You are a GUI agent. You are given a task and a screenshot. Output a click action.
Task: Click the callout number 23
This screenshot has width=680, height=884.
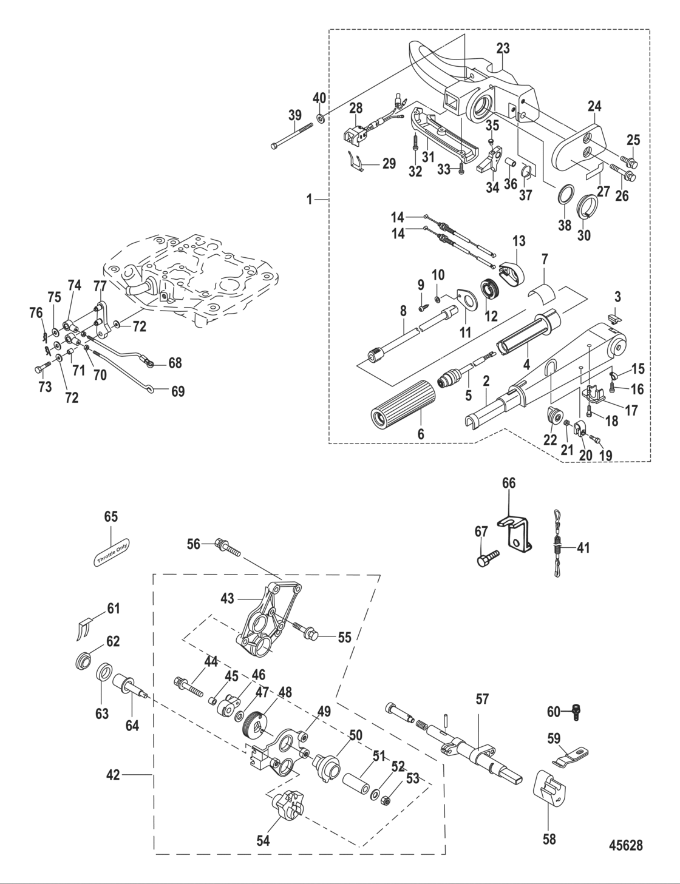pyautogui.click(x=503, y=48)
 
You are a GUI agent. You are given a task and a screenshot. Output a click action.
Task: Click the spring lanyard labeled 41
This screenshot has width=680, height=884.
pyautogui.click(x=557, y=547)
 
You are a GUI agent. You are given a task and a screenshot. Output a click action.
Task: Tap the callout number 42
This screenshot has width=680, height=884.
pyautogui.click(x=114, y=774)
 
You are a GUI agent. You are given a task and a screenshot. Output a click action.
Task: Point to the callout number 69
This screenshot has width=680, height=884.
pyautogui.click(x=177, y=391)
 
